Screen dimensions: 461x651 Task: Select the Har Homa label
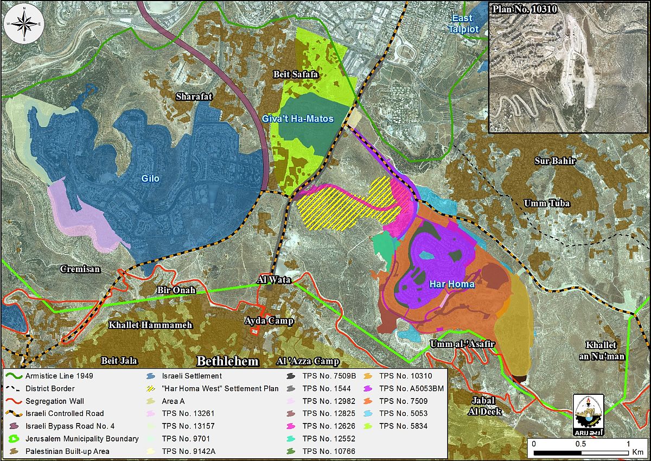(451, 284)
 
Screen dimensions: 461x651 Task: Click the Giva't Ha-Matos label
(305, 118)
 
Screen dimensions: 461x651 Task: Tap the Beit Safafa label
(295, 73)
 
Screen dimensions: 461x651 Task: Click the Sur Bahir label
(555, 161)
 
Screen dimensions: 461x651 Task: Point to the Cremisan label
(80, 269)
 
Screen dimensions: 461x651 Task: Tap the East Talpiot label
(464, 23)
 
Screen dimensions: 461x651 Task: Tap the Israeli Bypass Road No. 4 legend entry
(69, 426)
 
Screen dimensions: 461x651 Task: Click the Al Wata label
(273, 280)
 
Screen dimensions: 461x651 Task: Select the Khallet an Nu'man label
(605, 351)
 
